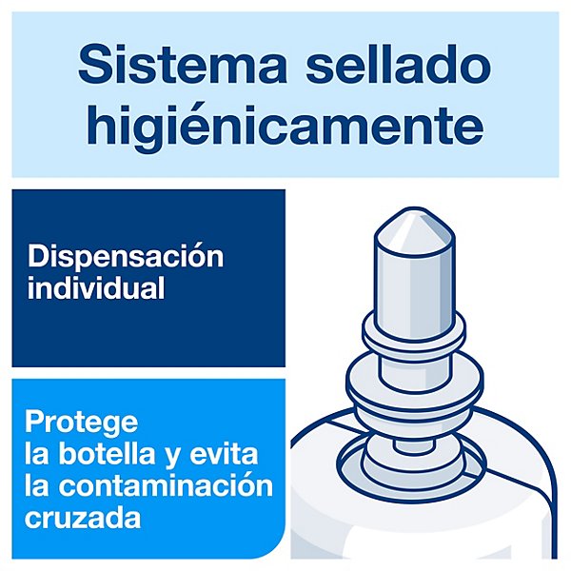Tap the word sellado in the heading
398,64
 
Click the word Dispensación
126,256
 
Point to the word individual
96,288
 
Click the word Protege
81,423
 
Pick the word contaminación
166,485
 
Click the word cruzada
83,518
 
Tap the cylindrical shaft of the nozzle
414,281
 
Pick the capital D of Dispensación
39,257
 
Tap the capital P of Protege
34,422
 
